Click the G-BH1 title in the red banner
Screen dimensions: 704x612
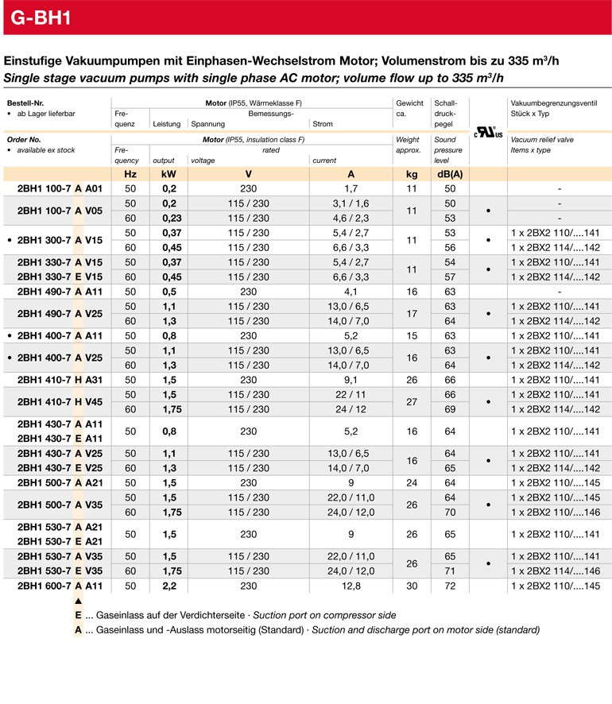click(x=42, y=17)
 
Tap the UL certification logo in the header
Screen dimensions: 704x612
click(x=488, y=132)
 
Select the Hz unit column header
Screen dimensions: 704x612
click(x=130, y=174)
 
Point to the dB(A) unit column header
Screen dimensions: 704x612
click(x=450, y=174)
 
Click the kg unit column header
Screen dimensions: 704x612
click(x=411, y=174)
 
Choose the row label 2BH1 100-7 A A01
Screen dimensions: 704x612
click(x=60, y=189)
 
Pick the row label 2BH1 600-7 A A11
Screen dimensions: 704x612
click(x=60, y=586)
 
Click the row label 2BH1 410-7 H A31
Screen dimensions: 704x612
click(x=60, y=380)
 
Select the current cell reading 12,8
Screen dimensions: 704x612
click(x=351, y=586)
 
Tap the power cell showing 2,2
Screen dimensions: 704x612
click(x=169, y=586)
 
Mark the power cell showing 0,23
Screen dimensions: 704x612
click(x=169, y=218)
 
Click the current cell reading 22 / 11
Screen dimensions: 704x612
click(x=351, y=395)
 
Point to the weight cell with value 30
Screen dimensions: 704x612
click(x=411, y=586)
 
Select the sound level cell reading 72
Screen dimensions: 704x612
click(x=450, y=586)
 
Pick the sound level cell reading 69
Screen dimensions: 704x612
click(x=450, y=409)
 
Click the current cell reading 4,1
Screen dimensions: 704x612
click(x=351, y=292)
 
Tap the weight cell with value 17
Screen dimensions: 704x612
click(x=411, y=314)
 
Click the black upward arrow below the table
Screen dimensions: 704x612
click(x=78, y=601)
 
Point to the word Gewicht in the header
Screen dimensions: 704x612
click(x=409, y=103)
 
